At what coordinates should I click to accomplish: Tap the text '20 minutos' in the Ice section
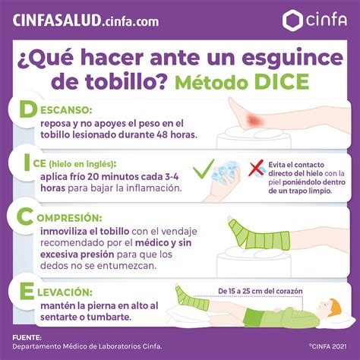pos(107,175)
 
